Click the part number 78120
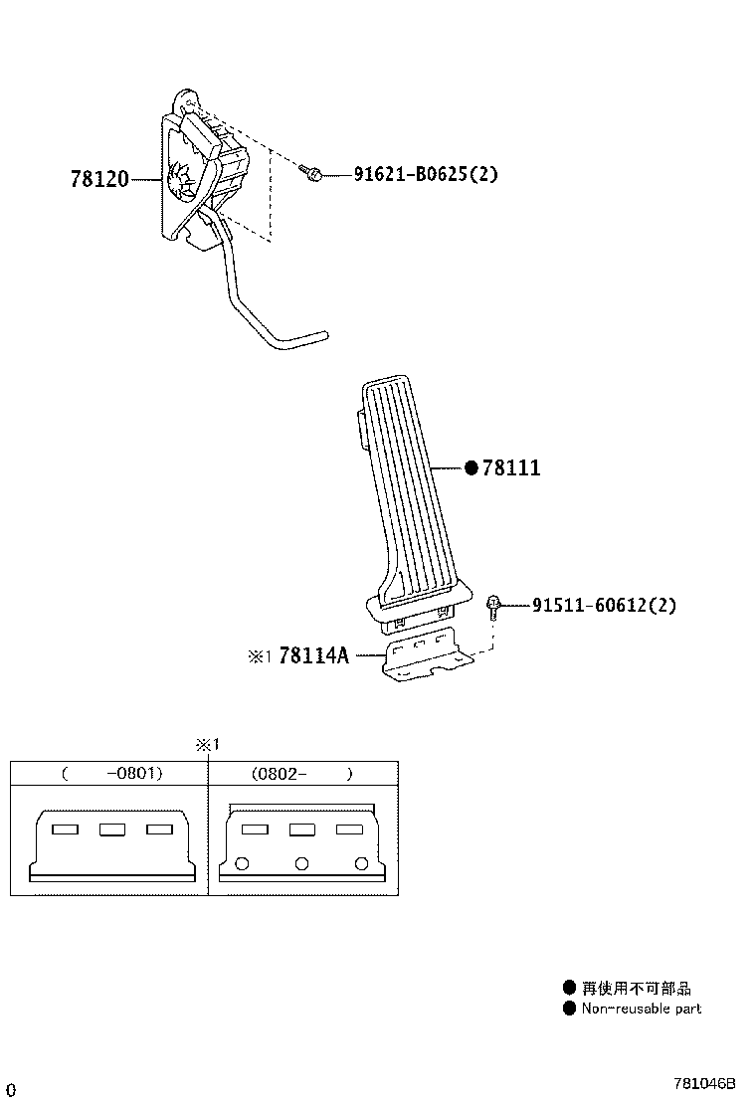(99, 179)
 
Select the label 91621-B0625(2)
(426, 173)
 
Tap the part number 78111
(511, 467)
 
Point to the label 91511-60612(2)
(604, 605)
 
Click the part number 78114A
(313, 655)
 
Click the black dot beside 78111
(472, 467)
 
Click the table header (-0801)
(112, 773)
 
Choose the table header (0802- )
(301, 774)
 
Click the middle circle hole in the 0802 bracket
(301, 863)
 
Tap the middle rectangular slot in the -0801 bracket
(112, 829)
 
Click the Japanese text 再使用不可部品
(636, 989)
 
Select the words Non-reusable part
(642, 1009)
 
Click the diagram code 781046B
(704, 1083)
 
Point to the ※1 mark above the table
(208, 744)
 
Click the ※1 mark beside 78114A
(259, 656)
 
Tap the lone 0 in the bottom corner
(11, 1090)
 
